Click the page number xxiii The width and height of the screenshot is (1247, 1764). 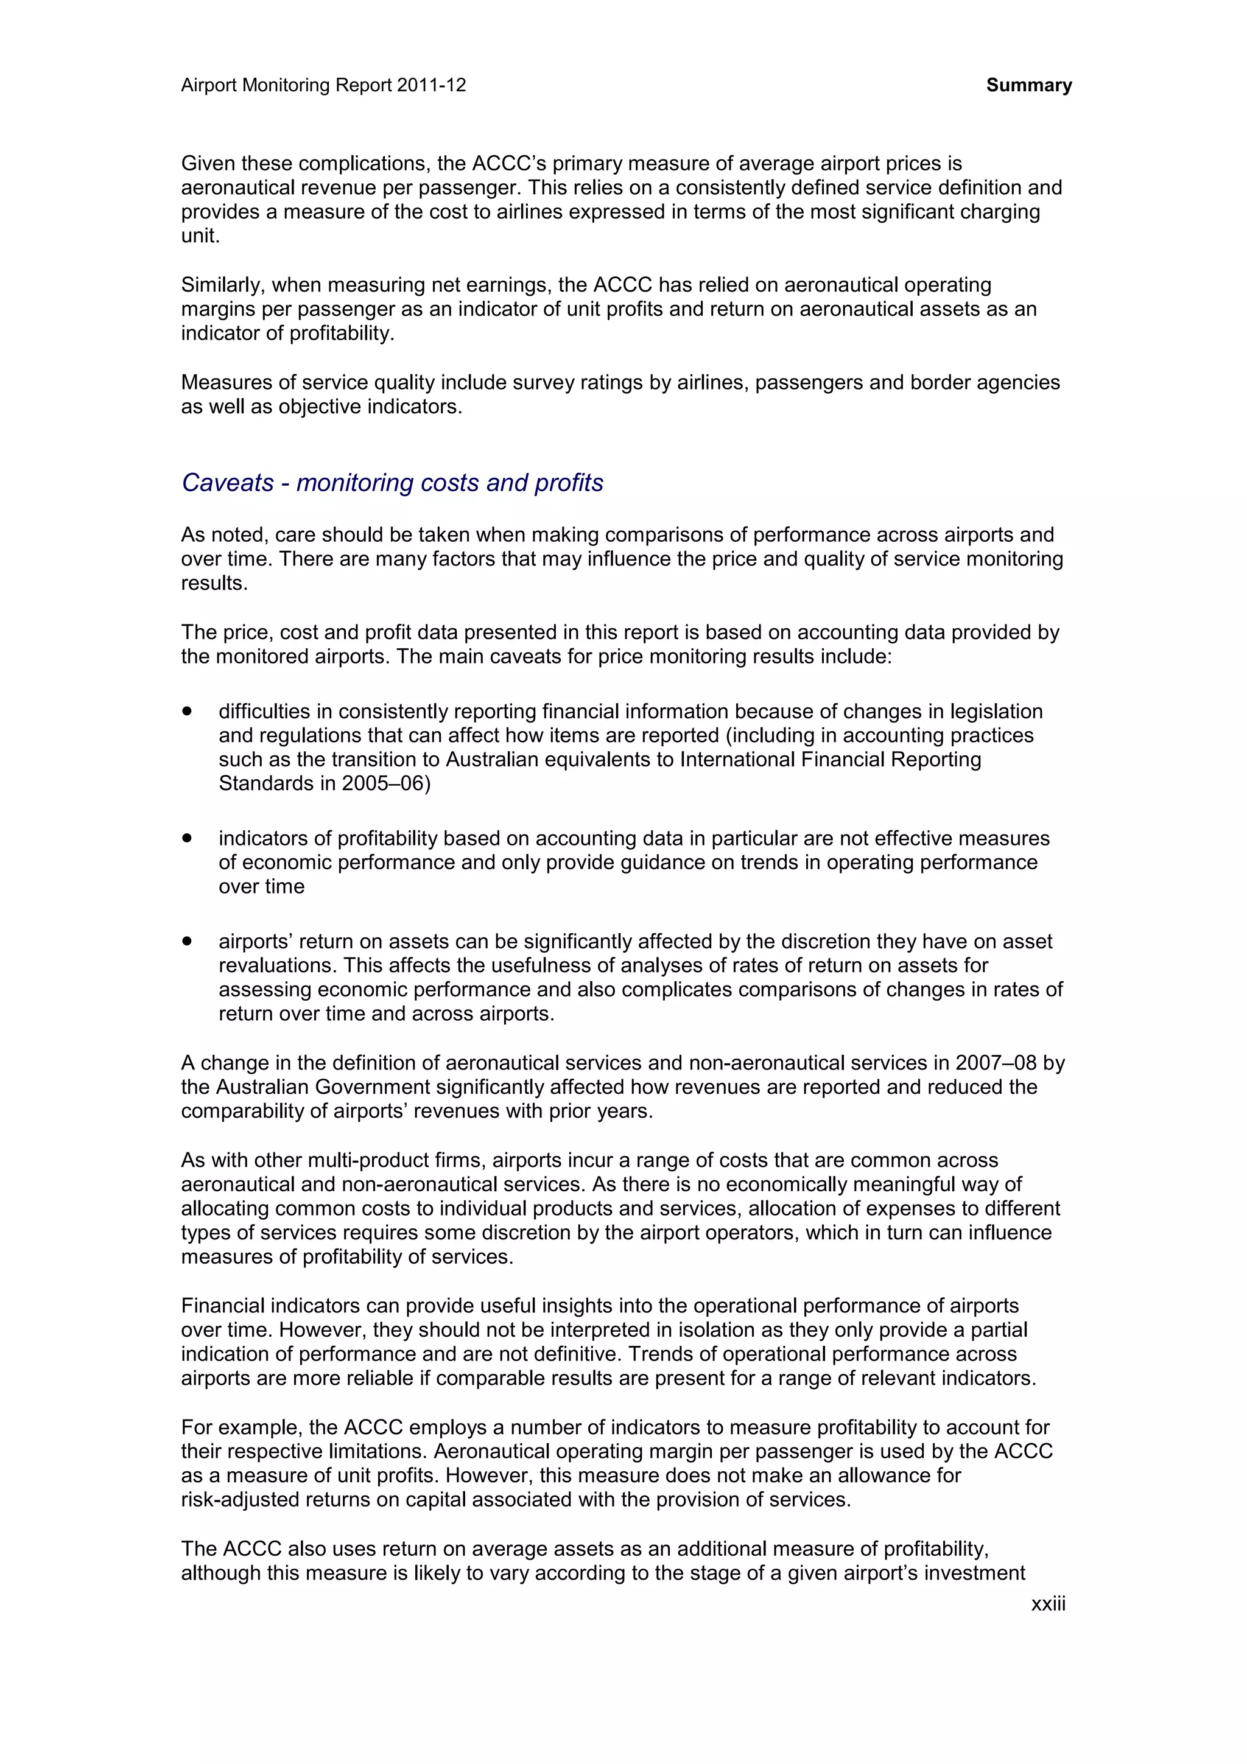click(x=1047, y=1603)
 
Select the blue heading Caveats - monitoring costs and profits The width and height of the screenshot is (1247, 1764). click(x=392, y=483)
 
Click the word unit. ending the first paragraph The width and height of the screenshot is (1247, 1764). click(x=200, y=236)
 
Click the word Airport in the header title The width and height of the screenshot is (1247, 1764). click(x=208, y=85)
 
